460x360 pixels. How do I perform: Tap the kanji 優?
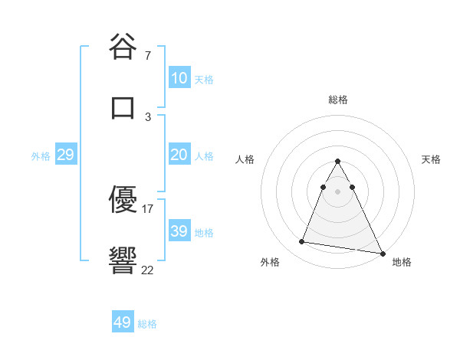[123, 201]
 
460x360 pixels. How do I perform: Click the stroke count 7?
[148, 56]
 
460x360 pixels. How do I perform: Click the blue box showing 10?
[179, 78]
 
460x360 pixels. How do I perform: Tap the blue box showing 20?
[179, 155]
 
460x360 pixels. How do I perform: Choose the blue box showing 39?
[179, 231]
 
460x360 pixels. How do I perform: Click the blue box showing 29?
[65, 155]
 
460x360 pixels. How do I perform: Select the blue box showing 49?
[123, 322]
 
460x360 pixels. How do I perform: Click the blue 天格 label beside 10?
[204, 79]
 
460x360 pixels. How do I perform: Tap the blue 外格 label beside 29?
[41, 156]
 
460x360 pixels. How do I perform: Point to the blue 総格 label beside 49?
[147, 324]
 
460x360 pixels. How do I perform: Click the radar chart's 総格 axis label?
[338, 100]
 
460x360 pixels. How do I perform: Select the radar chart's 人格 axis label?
[245, 160]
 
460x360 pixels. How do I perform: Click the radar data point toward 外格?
[302, 242]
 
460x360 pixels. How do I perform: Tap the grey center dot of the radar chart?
[337, 190]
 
